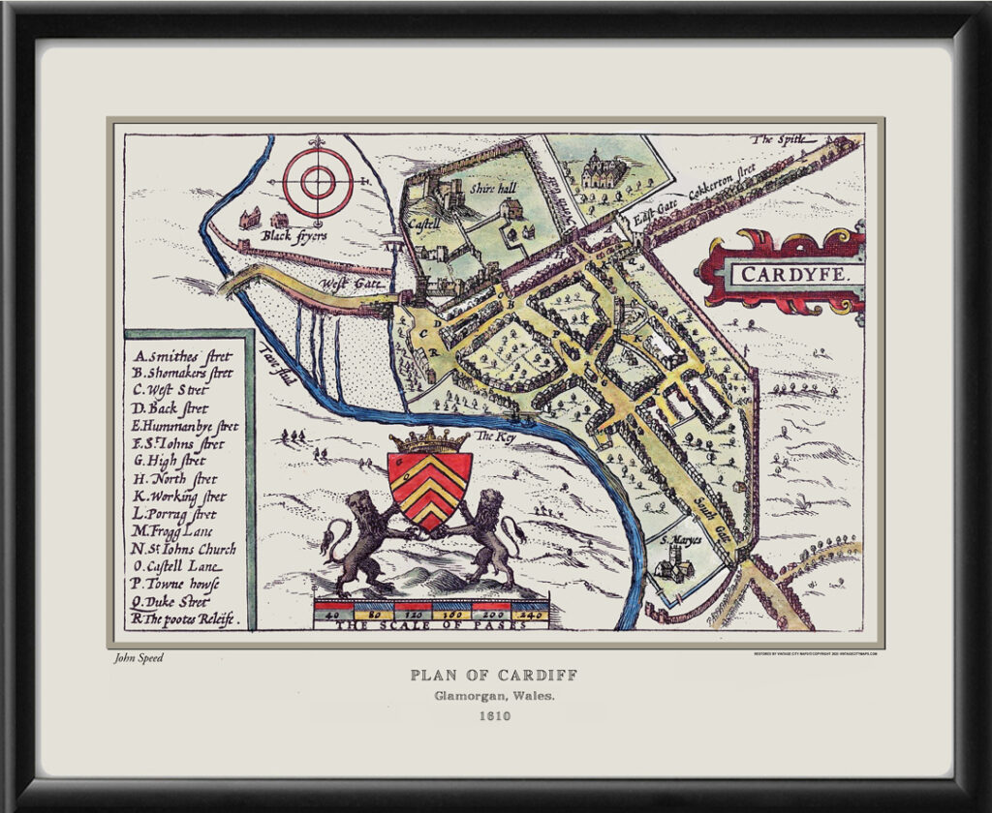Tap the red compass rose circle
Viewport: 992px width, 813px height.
pyautogui.click(x=317, y=181)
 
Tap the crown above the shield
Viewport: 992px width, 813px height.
pyautogui.click(x=429, y=440)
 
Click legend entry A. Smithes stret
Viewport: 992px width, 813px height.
pyautogui.click(x=183, y=353)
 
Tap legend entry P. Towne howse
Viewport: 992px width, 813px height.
pyautogui.click(x=175, y=585)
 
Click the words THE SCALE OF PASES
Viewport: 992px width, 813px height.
pyautogui.click(x=431, y=624)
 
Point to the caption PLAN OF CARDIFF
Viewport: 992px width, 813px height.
pyautogui.click(x=495, y=676)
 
